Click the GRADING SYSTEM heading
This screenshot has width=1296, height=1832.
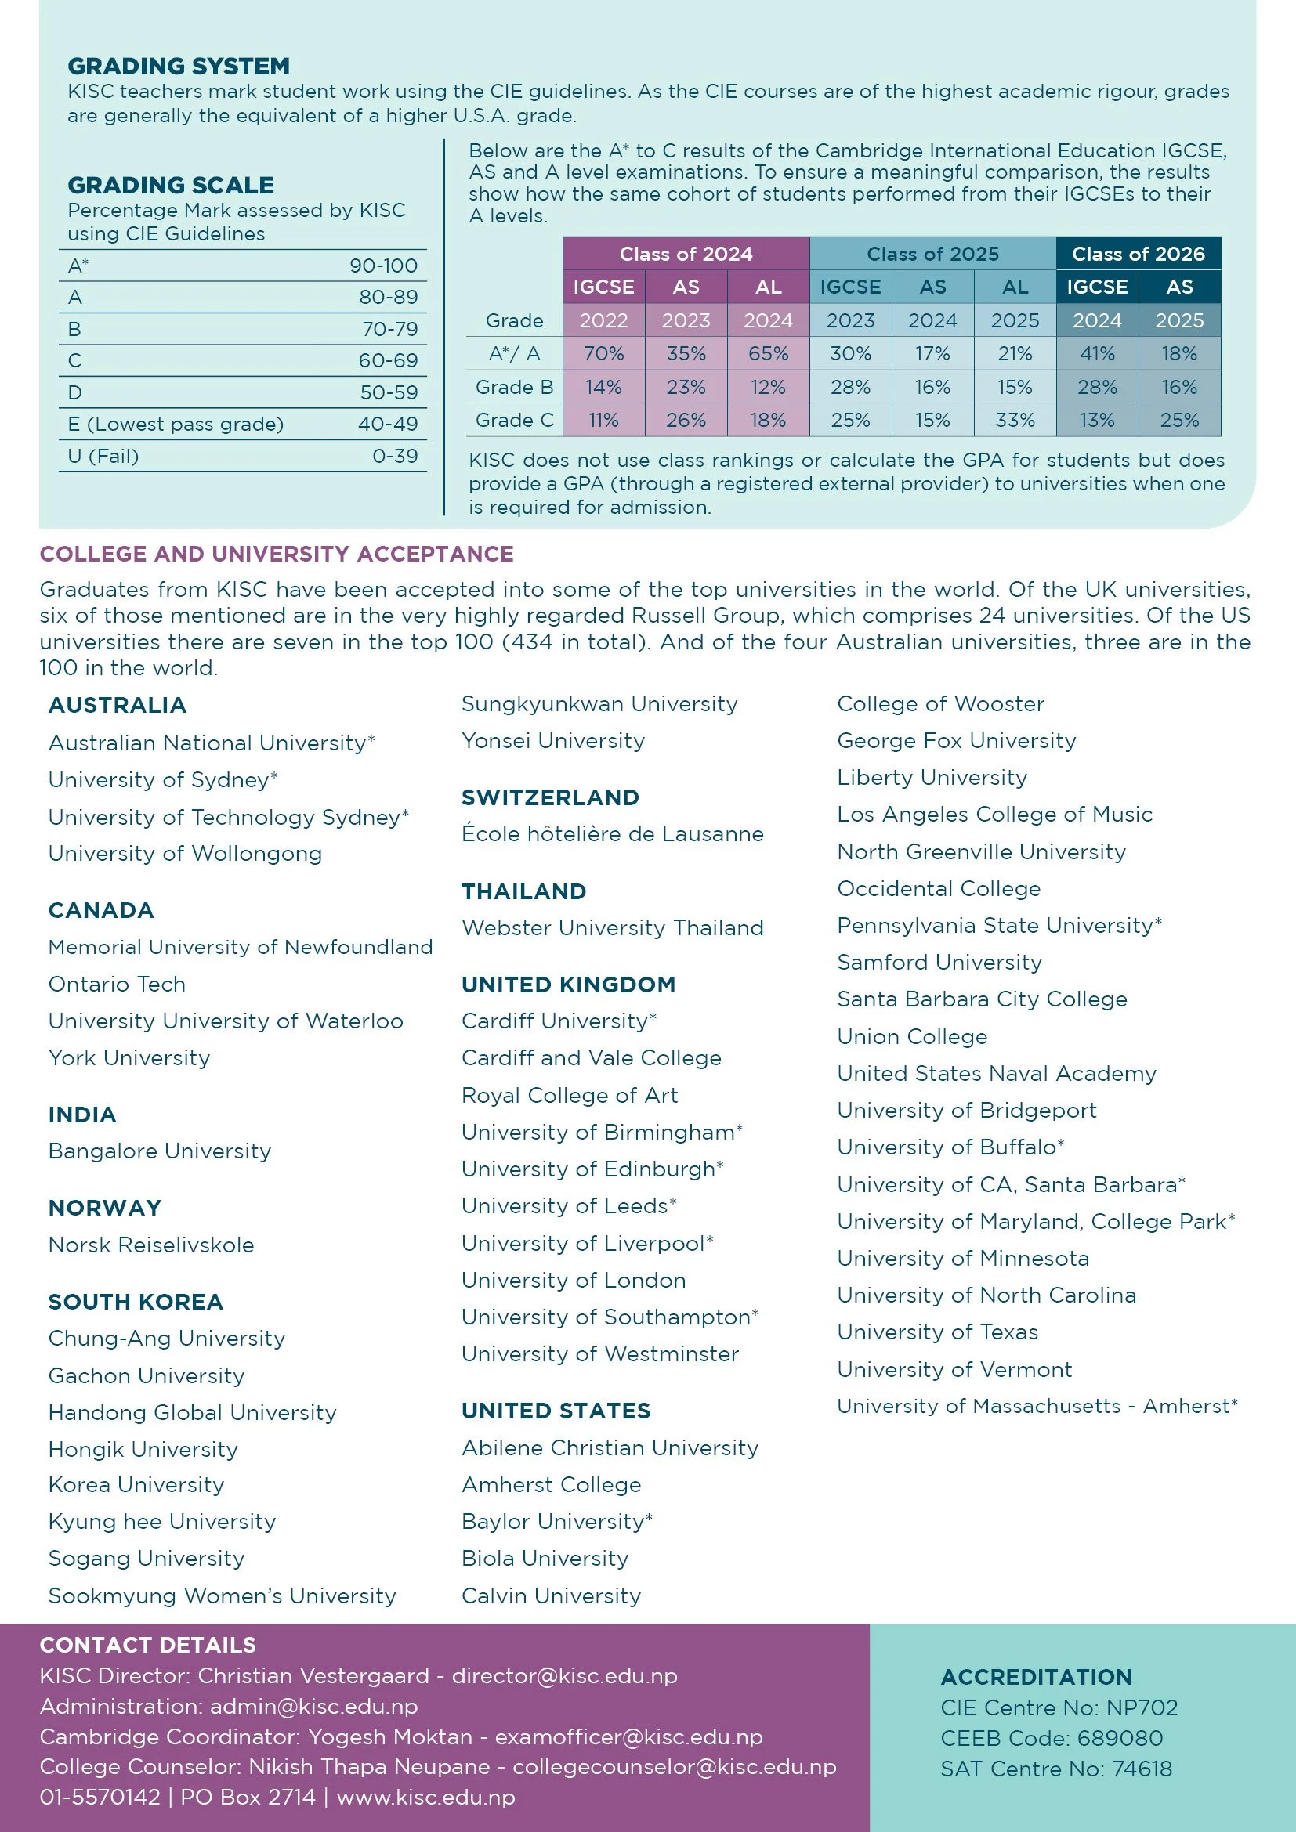pyautogui.click(x=178, y=67)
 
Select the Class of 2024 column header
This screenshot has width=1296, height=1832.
pyautogui.click(x=686, y=254)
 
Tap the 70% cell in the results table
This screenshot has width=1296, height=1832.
pyautogui.click(x=603, y=353)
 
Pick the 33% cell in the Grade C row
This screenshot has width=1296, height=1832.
pyautogui.click(x=1014, y=420)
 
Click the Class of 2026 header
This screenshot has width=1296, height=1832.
pyautogui.click(x=1138, y=254)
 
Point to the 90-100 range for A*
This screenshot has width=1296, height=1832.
pyautogui.click(x=383, y=266)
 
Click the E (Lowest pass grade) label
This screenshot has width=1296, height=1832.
pyautogui.click(x=176, y=424)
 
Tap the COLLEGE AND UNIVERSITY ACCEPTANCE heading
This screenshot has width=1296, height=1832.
pyautogui.click(x=276, y=554)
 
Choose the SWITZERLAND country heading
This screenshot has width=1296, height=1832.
pyautogui.click(x=550, y=797)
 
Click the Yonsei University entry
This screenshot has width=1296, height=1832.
pyautogui.click(x=553, y=740)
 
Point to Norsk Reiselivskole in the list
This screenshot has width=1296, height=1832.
pyautogui.click(x=150, y=1245)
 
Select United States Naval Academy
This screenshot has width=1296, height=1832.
pyautogui.click(x=996, y=1073)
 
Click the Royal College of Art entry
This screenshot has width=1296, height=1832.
pyautogui.click(x=569, y=1095)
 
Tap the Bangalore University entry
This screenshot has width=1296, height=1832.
pyautogui.click(x=160, y=1151)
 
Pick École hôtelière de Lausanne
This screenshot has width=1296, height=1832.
pyautogui.click(x=612, y=834)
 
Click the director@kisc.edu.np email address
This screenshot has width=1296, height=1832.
pyautogui.click(x=564, y=1675)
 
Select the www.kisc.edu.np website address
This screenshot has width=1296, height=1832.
pyautogui.click(x=425, y=1797)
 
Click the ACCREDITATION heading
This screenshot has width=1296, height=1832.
pyautogui.click(x=1036, y=1677)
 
